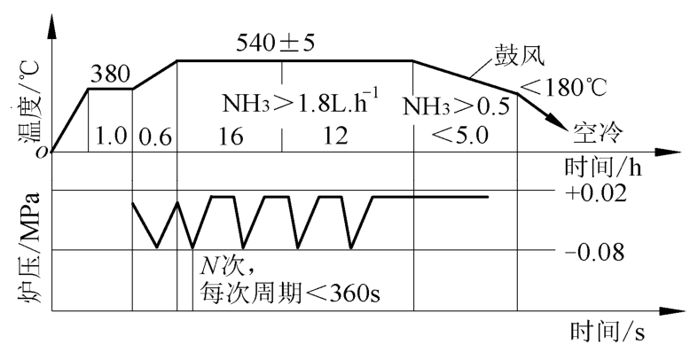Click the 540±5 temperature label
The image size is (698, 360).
point(275,43)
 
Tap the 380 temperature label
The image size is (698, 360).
point(110,74)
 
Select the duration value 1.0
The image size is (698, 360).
point(111,137)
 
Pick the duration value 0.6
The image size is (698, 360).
point(155,137)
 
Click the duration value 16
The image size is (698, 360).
point(231,137)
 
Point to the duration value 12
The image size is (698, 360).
point(334,136)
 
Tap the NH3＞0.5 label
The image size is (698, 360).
point(456,107)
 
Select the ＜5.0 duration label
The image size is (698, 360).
point(459,136)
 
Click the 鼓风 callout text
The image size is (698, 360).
point(517,57)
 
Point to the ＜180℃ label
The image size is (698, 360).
point(563,87)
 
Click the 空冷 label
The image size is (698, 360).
point(598,133)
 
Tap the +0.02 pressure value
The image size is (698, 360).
point(596,193)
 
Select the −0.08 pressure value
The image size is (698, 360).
point(595,253)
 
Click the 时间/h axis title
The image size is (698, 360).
point(603,168)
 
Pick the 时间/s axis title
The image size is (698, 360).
point(608,332)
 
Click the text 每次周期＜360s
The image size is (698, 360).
point(290,293)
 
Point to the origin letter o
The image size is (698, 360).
point(43,153)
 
